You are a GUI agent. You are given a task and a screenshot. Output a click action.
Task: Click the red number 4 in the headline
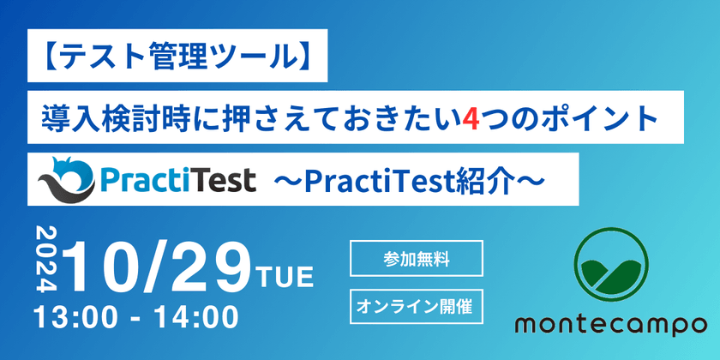coord(469,119)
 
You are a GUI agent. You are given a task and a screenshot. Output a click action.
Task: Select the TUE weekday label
coord(285,278)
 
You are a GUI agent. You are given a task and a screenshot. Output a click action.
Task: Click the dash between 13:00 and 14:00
coord(136,318)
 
